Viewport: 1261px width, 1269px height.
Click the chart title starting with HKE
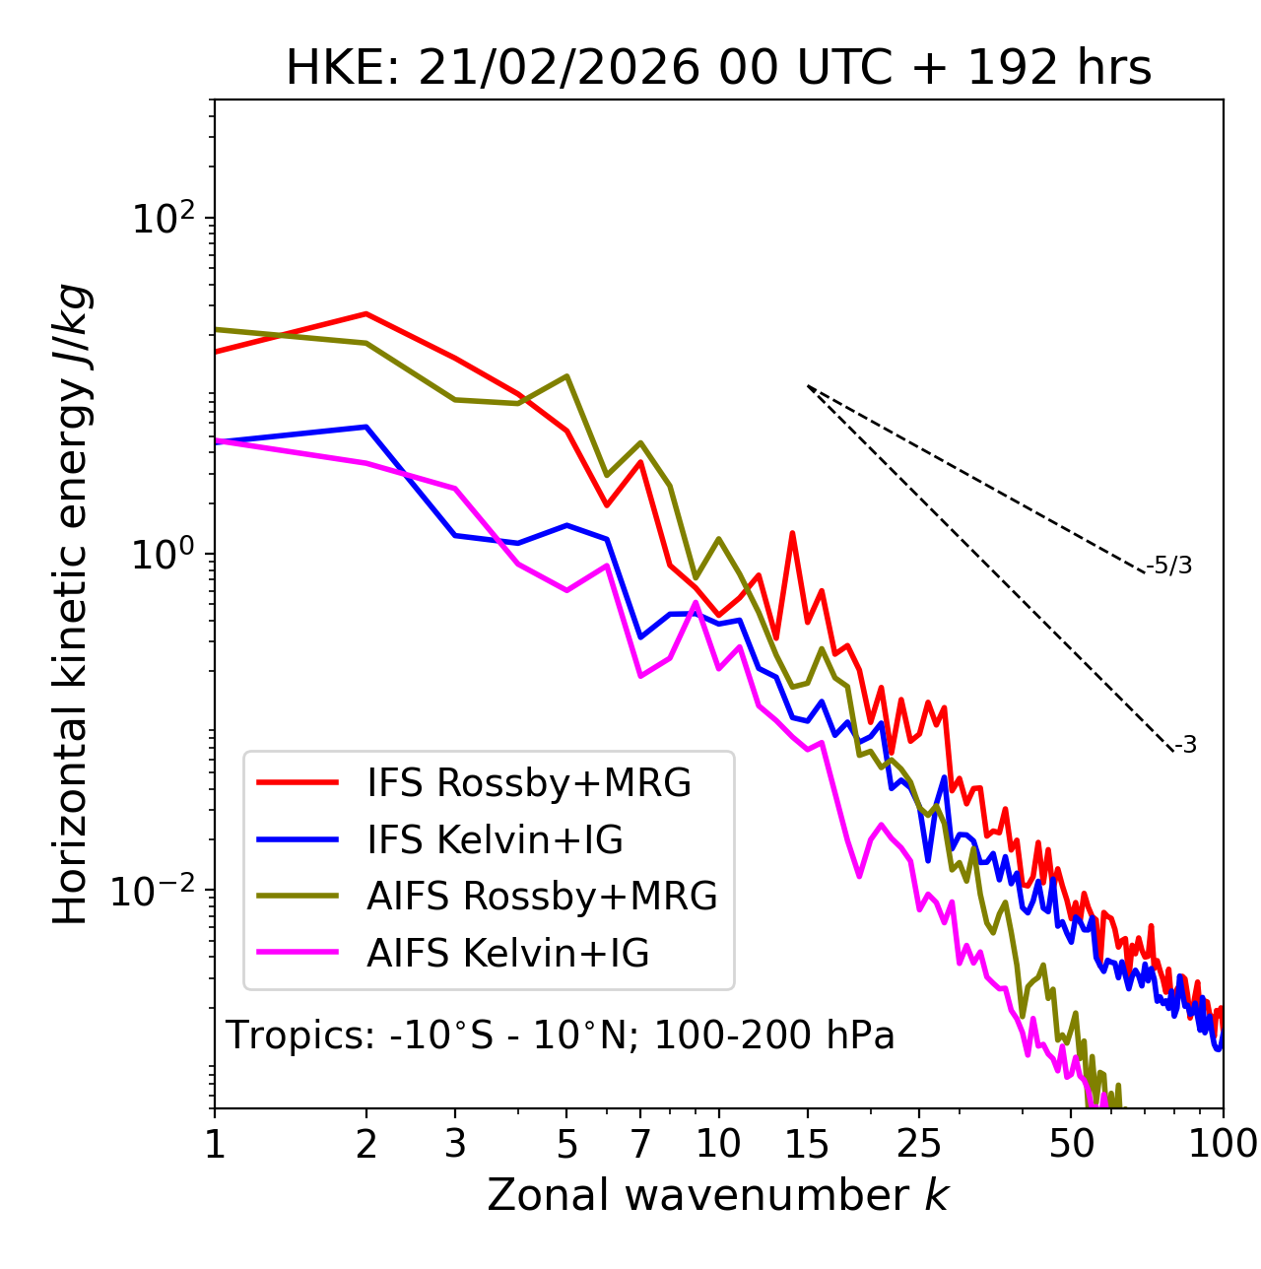(x=718, y=69)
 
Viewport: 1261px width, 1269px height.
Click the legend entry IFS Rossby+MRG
(x=528, y=783)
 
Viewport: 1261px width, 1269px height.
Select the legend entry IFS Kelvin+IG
(x=495, y=840)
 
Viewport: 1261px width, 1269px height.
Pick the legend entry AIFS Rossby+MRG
(x=541, y=897)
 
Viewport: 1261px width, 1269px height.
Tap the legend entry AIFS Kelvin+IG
(x=507, y=954)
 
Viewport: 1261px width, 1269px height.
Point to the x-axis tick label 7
(x=640, y=1144)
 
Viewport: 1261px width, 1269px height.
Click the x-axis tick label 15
(x=807, y=1144)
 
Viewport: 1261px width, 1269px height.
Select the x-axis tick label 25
(x=919, y=1144)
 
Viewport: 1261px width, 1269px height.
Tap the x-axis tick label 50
(x=1071, y=1144)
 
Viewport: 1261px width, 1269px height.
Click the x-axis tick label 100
(x=1223, y=1144)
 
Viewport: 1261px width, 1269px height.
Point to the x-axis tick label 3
(x=455, y=1144)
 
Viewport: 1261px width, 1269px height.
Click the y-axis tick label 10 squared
(x=162, y=219)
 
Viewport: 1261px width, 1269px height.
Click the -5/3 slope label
(x=1169, y=566)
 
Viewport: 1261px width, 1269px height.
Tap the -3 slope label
(x=1185, y=746)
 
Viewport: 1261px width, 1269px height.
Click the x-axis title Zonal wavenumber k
(x=718, y=1195)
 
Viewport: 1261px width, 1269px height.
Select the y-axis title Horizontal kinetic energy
(x=71, y=605)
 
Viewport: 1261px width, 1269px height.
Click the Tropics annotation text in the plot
(x=561, y=1035)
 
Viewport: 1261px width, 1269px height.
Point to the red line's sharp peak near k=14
(x=792, y=533)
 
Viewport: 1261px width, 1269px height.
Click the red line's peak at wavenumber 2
(x=366, y=313)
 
